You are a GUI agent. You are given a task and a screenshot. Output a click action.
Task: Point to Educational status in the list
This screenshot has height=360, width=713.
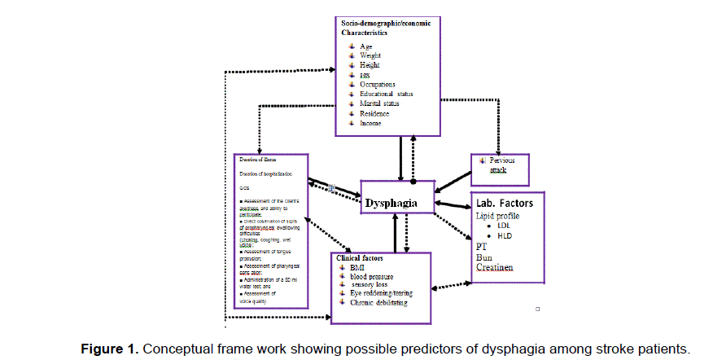pyautogui.click(x=391, y=94)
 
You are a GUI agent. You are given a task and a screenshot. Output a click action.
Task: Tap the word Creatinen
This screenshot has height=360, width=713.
pyautogui.click(x=500, y=266)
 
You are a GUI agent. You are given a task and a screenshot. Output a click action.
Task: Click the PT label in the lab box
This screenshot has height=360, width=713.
pyautogui.click(x=481, y=245)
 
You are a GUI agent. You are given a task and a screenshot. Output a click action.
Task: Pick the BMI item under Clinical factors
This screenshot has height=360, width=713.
pyautogui.click(x=358, y=267)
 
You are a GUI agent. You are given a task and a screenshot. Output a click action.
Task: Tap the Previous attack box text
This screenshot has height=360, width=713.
pyautogui.click(x=502, y=165)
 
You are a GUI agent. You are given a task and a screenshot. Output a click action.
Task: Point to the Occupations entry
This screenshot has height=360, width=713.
pyautogui.click(x=378, y=85)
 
